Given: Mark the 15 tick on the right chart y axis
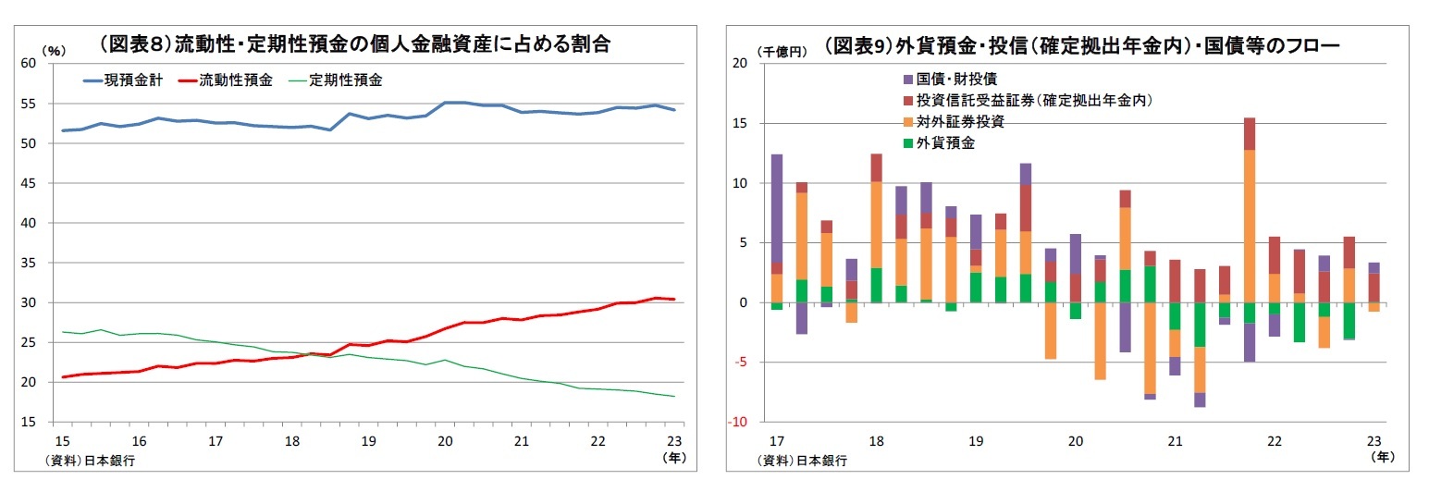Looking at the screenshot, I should pos(738,123).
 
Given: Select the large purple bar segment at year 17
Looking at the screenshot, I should pos(777,208).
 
